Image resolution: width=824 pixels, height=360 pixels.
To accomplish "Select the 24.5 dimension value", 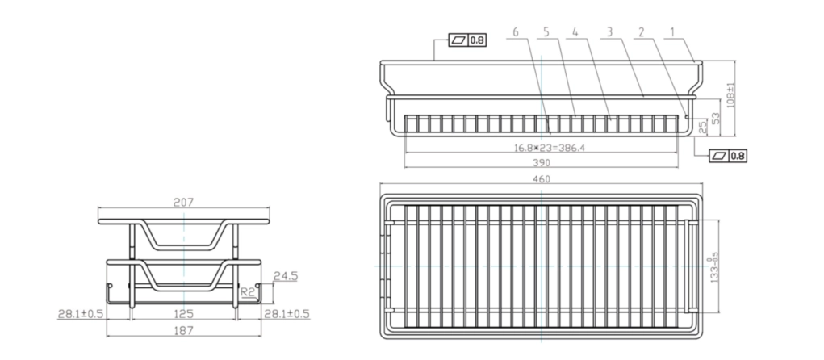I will (x=286, y=275).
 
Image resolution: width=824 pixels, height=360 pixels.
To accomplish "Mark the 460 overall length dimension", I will (x=542, y=178).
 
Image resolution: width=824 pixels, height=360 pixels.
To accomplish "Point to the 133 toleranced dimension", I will (x=712, y=266).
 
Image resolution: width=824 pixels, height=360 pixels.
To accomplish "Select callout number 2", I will (x=641, y=32).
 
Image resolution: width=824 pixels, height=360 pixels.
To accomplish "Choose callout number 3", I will (x=611, y=32).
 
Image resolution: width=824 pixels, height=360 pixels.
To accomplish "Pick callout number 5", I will (x=546, y=32).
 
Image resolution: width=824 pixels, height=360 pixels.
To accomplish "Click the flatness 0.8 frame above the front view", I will (x=467, y=40).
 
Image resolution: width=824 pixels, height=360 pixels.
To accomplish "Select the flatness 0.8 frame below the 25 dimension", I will (x=728, y=156).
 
